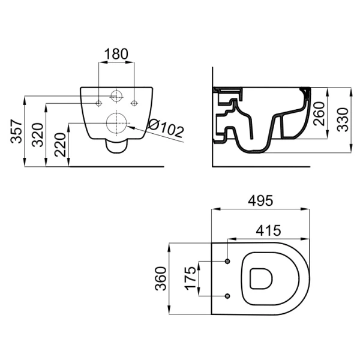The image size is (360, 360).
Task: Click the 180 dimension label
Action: click(x=116, y=54)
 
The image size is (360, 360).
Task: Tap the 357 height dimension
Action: click(x=17, y=131)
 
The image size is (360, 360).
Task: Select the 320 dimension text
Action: click(x=38, y=135)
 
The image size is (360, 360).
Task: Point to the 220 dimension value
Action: click(x=60, y=145)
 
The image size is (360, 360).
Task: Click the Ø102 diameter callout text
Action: click(x=166, y=128)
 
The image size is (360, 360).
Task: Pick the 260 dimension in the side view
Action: click(x=319, y=113)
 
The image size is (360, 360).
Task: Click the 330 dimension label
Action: click(x=343, y=119)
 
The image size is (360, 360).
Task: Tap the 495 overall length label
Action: click(x=260, y=200)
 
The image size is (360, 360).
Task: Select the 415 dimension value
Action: click(x=268, y=230)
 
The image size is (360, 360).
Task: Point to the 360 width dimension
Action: click(x=160, y=278)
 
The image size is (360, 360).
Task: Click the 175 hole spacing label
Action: click(x=191, y=278)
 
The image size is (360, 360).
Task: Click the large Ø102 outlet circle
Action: click(x=116, y=123)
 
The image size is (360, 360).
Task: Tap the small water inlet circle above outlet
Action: click(x=116, y=97)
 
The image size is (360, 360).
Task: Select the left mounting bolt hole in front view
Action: click(x=99, y=104)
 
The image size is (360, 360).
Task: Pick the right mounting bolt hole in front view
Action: click(x=134, y=104)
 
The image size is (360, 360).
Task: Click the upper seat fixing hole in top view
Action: click(x=227, y=261)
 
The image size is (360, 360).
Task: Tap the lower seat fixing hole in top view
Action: click(x=227, y=296)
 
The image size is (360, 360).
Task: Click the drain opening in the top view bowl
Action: click(x=261, y=278)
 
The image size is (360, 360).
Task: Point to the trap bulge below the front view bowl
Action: click(x=116, y=146)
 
